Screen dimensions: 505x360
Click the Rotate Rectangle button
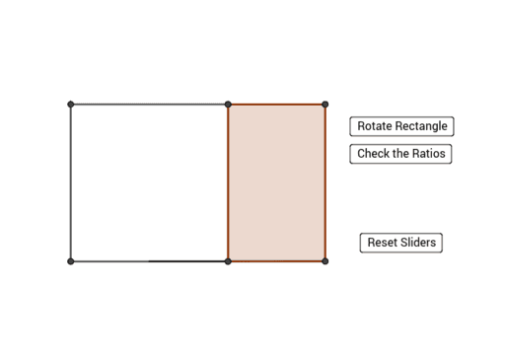coord(401,126)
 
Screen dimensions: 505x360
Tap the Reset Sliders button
coord(400,243)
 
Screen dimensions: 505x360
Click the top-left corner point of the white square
coord(71,105)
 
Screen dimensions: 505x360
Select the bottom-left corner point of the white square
coord(71,261)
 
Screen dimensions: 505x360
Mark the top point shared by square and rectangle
coord(228,105)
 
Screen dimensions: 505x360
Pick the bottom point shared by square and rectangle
coord(228,261)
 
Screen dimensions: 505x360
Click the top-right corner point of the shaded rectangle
coord(325,105)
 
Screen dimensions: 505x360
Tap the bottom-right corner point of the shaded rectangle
coord(325,261)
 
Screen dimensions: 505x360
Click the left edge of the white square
coord(71,182)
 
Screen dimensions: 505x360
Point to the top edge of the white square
coord(148,105)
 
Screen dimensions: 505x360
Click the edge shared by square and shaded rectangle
coord(228,182)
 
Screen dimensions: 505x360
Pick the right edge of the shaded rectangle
coord(325,182)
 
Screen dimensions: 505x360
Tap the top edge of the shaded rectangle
coord(276,105)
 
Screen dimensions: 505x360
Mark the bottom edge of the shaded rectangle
coord(276,261)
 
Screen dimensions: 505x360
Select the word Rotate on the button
coord(376,126)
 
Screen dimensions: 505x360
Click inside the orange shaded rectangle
coord(276,182)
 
